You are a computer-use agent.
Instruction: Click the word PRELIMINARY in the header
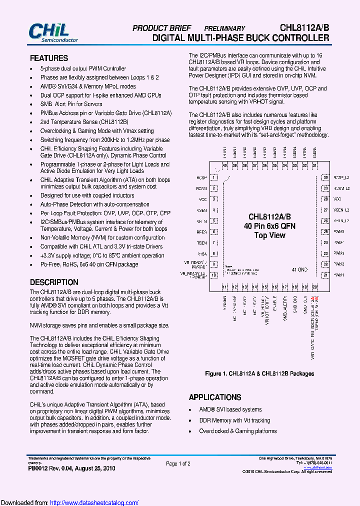(x=224, y=29)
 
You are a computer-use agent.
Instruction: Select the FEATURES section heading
(x=49, y=58)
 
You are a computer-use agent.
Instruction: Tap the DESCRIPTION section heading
(x=54, y=282)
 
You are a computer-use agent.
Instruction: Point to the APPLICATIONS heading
(x=215, y=397)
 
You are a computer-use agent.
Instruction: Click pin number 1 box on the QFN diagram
(x=214, y=177)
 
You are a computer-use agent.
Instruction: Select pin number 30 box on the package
(x=325, y=177)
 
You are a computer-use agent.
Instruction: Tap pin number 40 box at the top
(x=225, y=165)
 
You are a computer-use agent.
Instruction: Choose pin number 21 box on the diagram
(x=325, y=275)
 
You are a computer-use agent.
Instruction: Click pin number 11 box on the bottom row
(x=225, y=287)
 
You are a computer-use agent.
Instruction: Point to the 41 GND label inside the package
(x=299, y=270)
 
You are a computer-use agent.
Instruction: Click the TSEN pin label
(x=202, y=242)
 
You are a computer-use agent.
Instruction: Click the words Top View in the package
(x=270, y=235)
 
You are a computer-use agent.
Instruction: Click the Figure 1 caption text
(x=259, y=373)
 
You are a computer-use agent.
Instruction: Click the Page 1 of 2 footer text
(x=178, y=464)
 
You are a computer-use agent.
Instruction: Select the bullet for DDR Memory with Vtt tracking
(x=191, y=420)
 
